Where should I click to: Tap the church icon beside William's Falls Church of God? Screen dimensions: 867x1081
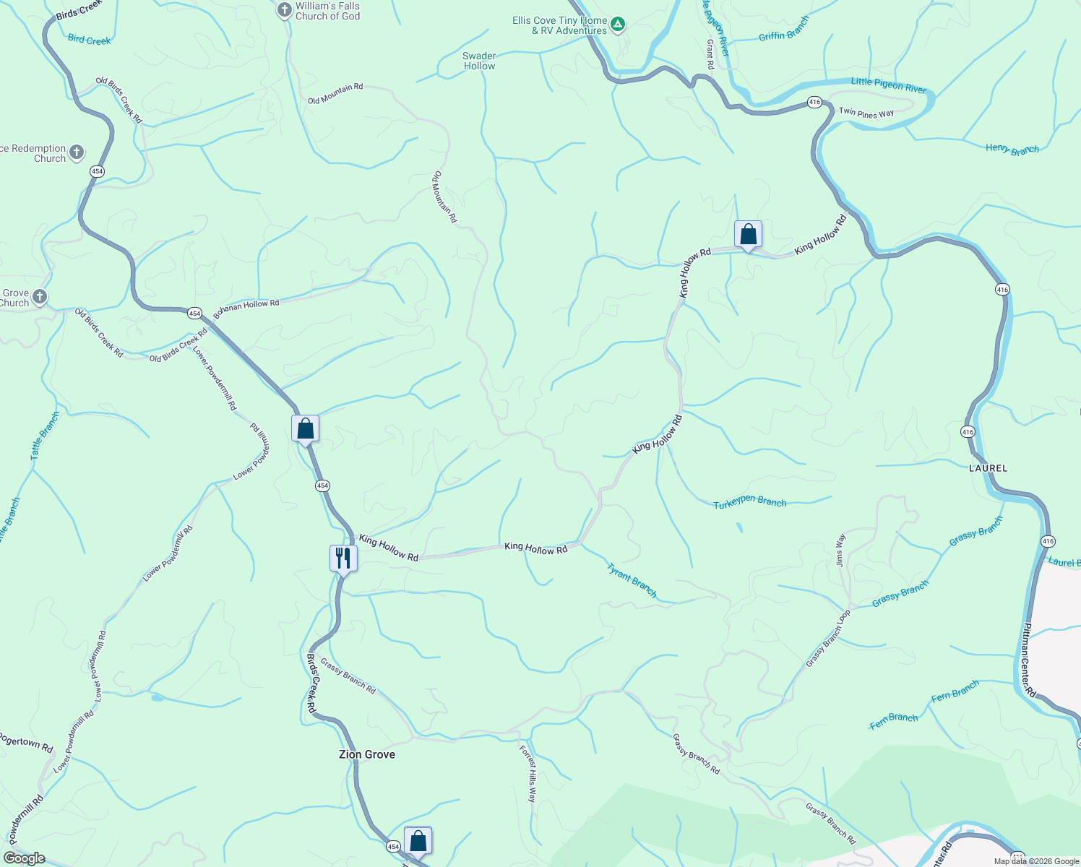285,10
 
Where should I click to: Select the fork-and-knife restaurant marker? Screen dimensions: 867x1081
343,558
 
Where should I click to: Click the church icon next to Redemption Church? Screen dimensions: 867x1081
77,152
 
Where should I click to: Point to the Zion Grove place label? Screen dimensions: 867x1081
367,754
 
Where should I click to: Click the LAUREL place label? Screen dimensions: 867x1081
988,468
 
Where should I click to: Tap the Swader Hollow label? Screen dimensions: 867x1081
479,61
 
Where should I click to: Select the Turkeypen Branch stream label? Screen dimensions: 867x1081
749,502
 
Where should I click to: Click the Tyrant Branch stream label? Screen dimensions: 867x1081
632,581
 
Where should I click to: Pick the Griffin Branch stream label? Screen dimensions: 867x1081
784,29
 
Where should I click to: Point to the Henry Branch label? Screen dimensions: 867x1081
1012,150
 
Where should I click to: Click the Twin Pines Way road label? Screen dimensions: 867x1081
866,113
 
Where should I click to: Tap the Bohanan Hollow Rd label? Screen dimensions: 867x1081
246,306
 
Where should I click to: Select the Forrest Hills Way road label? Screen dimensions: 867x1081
528,774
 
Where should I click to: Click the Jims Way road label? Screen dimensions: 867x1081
840,550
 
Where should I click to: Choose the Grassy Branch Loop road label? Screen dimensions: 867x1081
828,639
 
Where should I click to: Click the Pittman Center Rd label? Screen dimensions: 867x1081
1028,660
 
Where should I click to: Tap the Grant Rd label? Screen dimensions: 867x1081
710,54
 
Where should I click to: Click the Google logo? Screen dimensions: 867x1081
25,858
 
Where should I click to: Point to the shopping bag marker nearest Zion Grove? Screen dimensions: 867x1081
418,841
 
